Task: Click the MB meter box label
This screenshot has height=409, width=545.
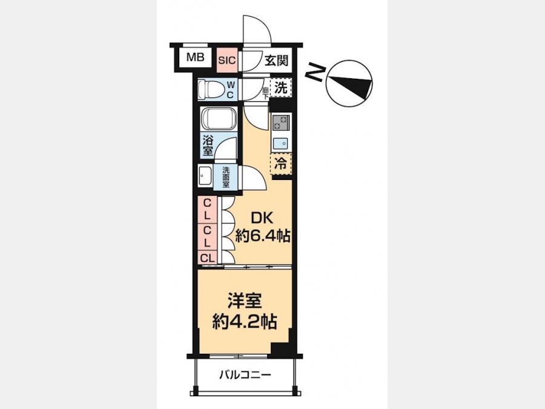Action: (196, 57)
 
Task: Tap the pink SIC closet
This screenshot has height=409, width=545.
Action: (227, 60)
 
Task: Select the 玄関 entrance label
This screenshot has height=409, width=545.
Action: (276, 61)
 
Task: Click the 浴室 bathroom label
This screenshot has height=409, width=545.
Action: (208, 145)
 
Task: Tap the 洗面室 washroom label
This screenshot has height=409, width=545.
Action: (226, 178)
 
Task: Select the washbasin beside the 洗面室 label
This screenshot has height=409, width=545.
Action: (205, 176)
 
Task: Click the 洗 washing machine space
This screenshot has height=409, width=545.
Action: (281, 88)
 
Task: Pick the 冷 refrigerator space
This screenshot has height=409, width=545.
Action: (281, 163)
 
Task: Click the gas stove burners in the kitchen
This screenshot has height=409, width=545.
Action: (281, 123)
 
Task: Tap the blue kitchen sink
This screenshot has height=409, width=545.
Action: (281, 143)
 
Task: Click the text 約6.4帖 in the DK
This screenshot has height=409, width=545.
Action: (263, 237)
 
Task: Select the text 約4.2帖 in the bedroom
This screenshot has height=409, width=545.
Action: (245, 322)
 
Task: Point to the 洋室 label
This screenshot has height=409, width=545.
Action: (245, 301)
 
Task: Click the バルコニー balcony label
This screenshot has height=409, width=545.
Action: (245, 375)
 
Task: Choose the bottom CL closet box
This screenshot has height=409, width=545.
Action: (208, 258)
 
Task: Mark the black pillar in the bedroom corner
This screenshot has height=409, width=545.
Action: (281, 349)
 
